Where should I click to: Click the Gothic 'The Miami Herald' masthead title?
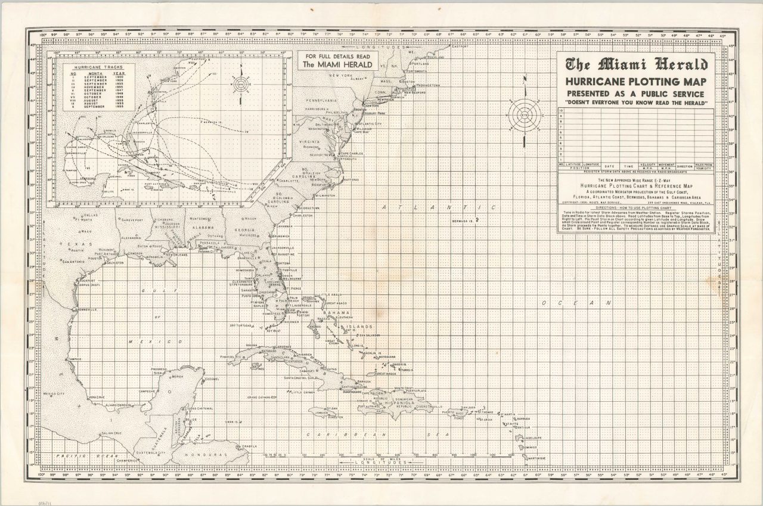point(641,65)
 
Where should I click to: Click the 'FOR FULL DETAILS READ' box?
point(337,60)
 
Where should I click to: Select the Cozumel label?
point(212,379)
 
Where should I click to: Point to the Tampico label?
point(75,359)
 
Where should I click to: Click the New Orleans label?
point(176,254)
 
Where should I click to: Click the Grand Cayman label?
point(259,397)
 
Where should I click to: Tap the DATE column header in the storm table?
point(609,166)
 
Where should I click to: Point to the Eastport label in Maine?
point(460,46)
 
